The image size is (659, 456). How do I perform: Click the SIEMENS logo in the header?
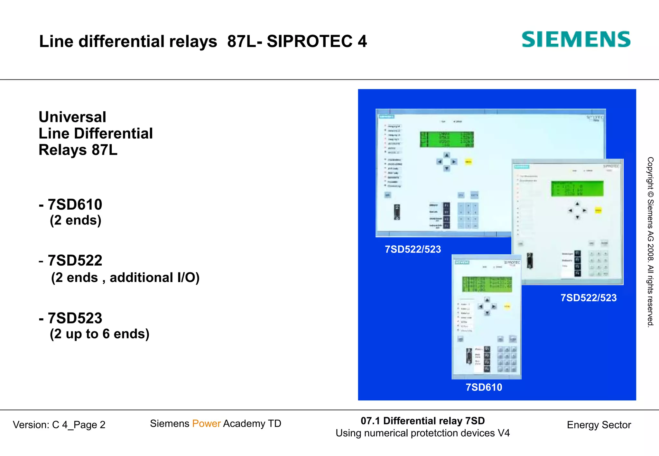(576, 40)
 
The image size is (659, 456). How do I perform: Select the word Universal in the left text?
(72, 117)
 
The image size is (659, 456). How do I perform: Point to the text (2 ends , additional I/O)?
(125, 278)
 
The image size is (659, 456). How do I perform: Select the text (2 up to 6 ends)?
(99, 334)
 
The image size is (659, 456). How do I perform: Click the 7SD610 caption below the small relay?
(484, 387)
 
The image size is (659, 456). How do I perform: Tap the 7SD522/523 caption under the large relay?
(413, 249)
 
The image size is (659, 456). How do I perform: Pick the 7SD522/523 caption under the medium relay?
(589, 298)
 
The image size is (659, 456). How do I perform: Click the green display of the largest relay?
(447, 139)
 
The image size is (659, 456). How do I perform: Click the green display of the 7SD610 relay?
(487, 284)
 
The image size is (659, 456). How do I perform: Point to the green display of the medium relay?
(577, 188)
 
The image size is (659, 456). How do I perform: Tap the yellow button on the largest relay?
(468, 162)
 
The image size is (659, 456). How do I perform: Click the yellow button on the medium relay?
(598, 211)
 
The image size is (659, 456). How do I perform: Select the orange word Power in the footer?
(206, 424)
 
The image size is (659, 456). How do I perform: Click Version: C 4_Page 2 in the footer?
(59, 425)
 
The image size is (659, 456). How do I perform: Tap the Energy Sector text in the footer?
(599, 425)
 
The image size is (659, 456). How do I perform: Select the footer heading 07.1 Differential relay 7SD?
(422, 421)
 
